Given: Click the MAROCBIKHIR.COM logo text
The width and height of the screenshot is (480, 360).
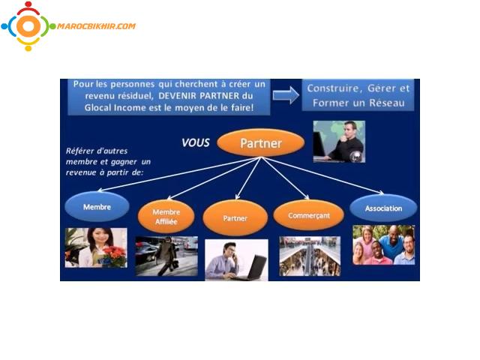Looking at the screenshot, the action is click(x=96, y=26).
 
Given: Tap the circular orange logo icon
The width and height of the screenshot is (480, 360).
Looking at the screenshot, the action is click(x=28, y=26).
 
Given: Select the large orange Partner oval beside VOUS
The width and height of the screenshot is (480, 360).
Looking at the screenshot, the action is click(x=260, y=143).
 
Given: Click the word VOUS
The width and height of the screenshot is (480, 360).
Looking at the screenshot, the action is click(x=195, y=142).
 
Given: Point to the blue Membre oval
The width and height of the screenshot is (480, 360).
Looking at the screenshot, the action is click(x=97, y=207).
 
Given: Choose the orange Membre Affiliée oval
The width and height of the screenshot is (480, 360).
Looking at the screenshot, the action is click(x=166, y=217).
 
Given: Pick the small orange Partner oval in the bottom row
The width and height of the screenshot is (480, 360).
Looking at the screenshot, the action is click(x=235, y=218).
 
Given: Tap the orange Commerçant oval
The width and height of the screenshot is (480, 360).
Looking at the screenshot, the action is click(x=308, y=215).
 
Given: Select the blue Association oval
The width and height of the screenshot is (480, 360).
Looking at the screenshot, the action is click(x=383, y=208).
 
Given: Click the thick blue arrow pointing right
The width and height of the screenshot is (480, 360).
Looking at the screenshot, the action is click(x=286, y=95).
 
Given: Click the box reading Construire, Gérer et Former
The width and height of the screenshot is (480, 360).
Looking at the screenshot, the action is click(x=358, y=95).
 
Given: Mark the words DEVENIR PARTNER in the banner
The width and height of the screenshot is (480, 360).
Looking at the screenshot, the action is click(x=199, y=96).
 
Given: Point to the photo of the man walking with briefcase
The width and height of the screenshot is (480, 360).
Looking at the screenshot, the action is click(x=166, y=256).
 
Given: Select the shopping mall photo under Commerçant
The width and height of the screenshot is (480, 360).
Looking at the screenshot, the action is click(x=310, y=256).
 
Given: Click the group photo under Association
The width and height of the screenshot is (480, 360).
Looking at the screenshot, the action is click(x=383, y=245).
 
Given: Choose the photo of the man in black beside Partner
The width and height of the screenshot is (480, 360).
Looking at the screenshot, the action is click(x=339, y=142).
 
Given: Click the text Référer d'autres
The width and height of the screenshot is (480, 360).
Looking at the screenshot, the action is click(x=97, y=151).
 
